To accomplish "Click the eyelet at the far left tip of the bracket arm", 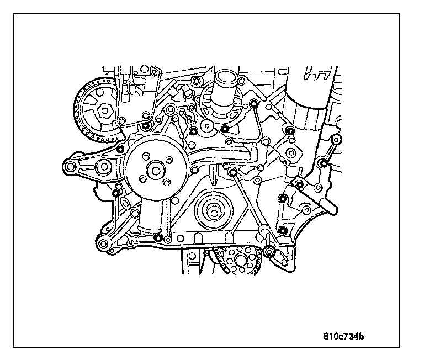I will tap(69, 166).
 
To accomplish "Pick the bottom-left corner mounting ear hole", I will tap(103, 243).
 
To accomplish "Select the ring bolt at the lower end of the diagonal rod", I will tap(269, 252).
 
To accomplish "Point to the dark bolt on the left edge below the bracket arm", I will tap(116, 193).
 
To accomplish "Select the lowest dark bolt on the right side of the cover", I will tap(283, 230).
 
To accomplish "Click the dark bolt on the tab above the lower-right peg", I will tap(299, 184).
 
